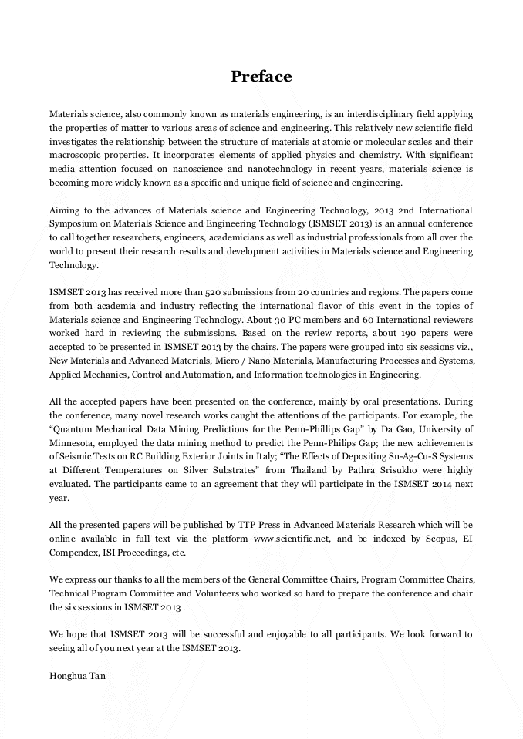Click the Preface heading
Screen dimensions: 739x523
coord(261,76)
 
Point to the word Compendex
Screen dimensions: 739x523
coord(78,552)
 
